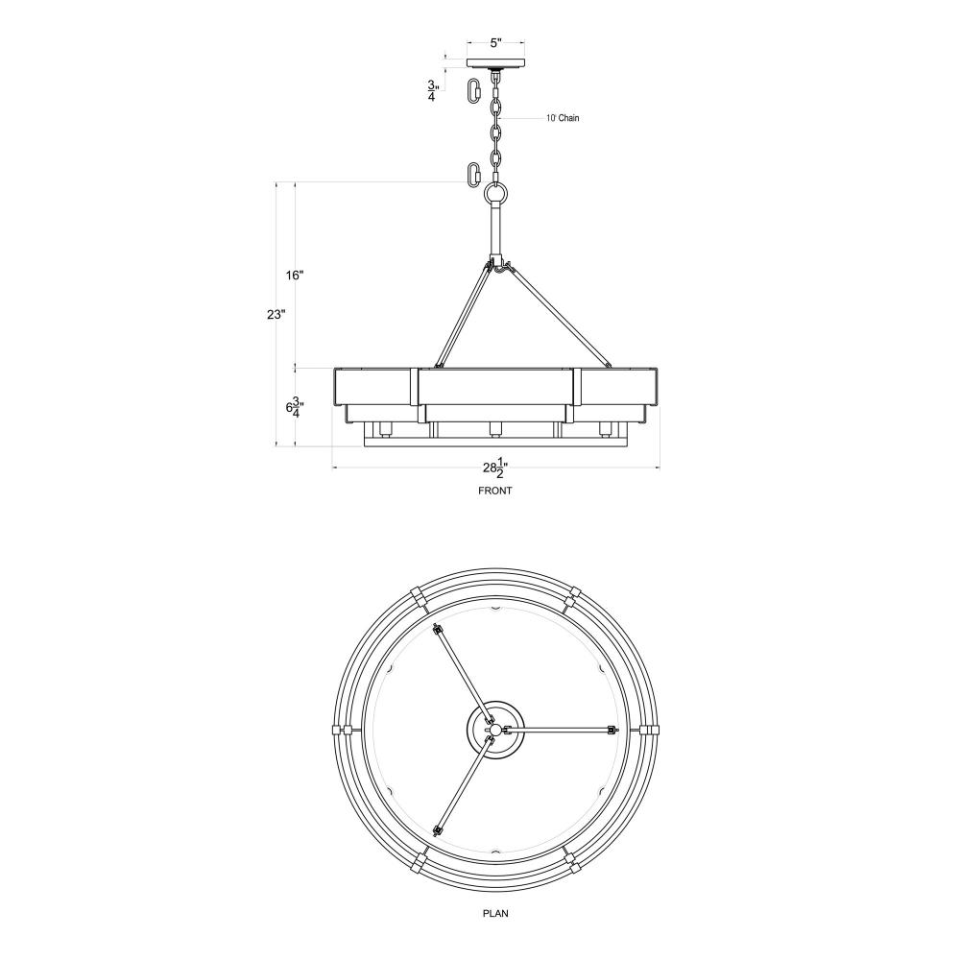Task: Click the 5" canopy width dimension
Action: pos(496,43)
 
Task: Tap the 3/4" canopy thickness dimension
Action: pos(432,90)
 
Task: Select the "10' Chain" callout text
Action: pos(563,118)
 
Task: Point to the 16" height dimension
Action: pos(295,275)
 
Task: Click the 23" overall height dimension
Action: pos(276,314)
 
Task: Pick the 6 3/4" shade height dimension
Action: pos(295,406)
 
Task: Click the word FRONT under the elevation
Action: pos(494,491)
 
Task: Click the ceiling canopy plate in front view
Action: pos(496,63)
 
